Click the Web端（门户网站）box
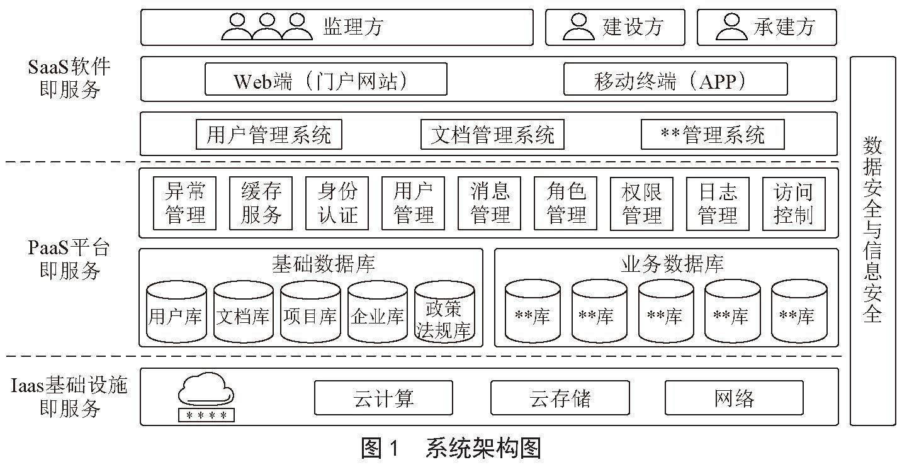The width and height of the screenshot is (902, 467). point(325,79)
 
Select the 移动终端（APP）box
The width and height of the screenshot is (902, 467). point(675,79)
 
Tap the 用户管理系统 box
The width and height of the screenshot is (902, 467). point(269,135)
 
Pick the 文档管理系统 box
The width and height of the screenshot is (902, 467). point(492,135)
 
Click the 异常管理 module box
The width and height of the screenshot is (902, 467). point(184,203)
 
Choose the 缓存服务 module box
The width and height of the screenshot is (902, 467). point(261,203)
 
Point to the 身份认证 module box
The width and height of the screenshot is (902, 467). point(337,203)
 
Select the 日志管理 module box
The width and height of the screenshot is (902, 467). point(717,203)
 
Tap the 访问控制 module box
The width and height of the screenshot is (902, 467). point(793,203)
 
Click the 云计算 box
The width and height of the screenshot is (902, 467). point(383,397)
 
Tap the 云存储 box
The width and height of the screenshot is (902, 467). point(560,397)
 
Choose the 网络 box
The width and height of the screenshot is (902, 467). point(734,397)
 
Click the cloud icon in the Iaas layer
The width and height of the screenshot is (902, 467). point(206,390)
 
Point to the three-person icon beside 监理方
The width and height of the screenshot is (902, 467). point(267,26)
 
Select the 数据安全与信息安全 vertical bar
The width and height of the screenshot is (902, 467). point(872,240)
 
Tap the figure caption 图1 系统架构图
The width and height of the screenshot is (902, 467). point(451,448)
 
